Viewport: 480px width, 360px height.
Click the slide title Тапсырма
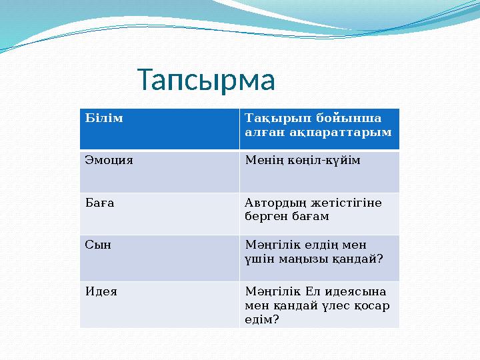click(206, 81)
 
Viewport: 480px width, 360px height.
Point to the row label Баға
click(99, 203)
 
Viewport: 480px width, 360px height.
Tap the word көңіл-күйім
click(323, 161)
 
